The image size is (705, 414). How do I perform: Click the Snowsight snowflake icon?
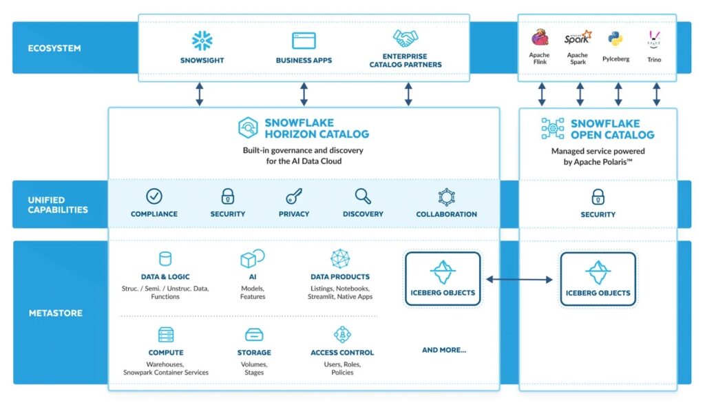(202, 40)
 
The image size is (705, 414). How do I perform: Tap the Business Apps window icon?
(304, 40)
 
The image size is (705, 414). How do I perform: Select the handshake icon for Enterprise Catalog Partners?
(406, 39)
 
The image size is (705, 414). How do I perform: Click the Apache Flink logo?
(540, 38)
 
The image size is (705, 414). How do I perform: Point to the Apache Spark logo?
(577, 37)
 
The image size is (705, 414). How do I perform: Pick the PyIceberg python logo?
(615, 39)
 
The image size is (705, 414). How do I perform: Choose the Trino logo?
(655, 39)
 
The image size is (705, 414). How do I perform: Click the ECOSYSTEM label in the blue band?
(54, 48)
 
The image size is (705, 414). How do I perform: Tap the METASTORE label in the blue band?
(55, 313)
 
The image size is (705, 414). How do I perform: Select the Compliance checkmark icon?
(154, 196)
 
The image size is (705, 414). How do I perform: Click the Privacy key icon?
(294, 196)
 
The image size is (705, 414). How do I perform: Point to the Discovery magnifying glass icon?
(363, 196)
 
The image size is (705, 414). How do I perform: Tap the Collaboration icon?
(446, 197)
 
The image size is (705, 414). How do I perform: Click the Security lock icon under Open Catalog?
(598, 197)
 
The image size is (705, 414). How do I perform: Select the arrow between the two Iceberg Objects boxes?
(520, 279)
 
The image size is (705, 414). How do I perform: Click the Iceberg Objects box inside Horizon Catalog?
(443, 278)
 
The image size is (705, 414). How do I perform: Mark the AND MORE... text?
(443, 350)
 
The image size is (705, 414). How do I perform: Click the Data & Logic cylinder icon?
(165, 259)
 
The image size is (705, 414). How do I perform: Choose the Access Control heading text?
(342, 353)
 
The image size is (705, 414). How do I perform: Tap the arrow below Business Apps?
(304, 94)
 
